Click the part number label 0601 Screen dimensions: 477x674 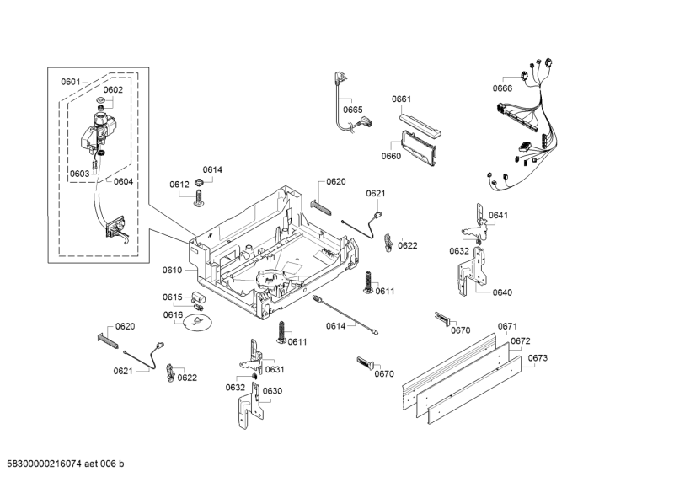(x=70, y=82)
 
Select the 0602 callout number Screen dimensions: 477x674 (x=113, y=90)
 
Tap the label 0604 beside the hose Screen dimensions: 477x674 (x=123, y=181)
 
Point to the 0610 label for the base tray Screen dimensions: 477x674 (x=172, y=270)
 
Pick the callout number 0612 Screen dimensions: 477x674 (x=179, y=185)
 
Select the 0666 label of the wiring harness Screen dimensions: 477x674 (x=502, y=88)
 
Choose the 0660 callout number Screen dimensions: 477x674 (x=391, y=156)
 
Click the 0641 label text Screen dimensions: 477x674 (x=499, y=215)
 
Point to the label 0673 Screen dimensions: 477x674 (x=538, y=358)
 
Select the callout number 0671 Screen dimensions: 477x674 (x=507, y=326)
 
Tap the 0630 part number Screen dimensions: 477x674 (x=271, y=391)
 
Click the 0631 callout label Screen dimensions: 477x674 (x=275, y=370)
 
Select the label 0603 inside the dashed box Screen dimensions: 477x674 (x=79, y=174)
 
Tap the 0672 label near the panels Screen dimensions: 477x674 (x=520, y=341)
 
